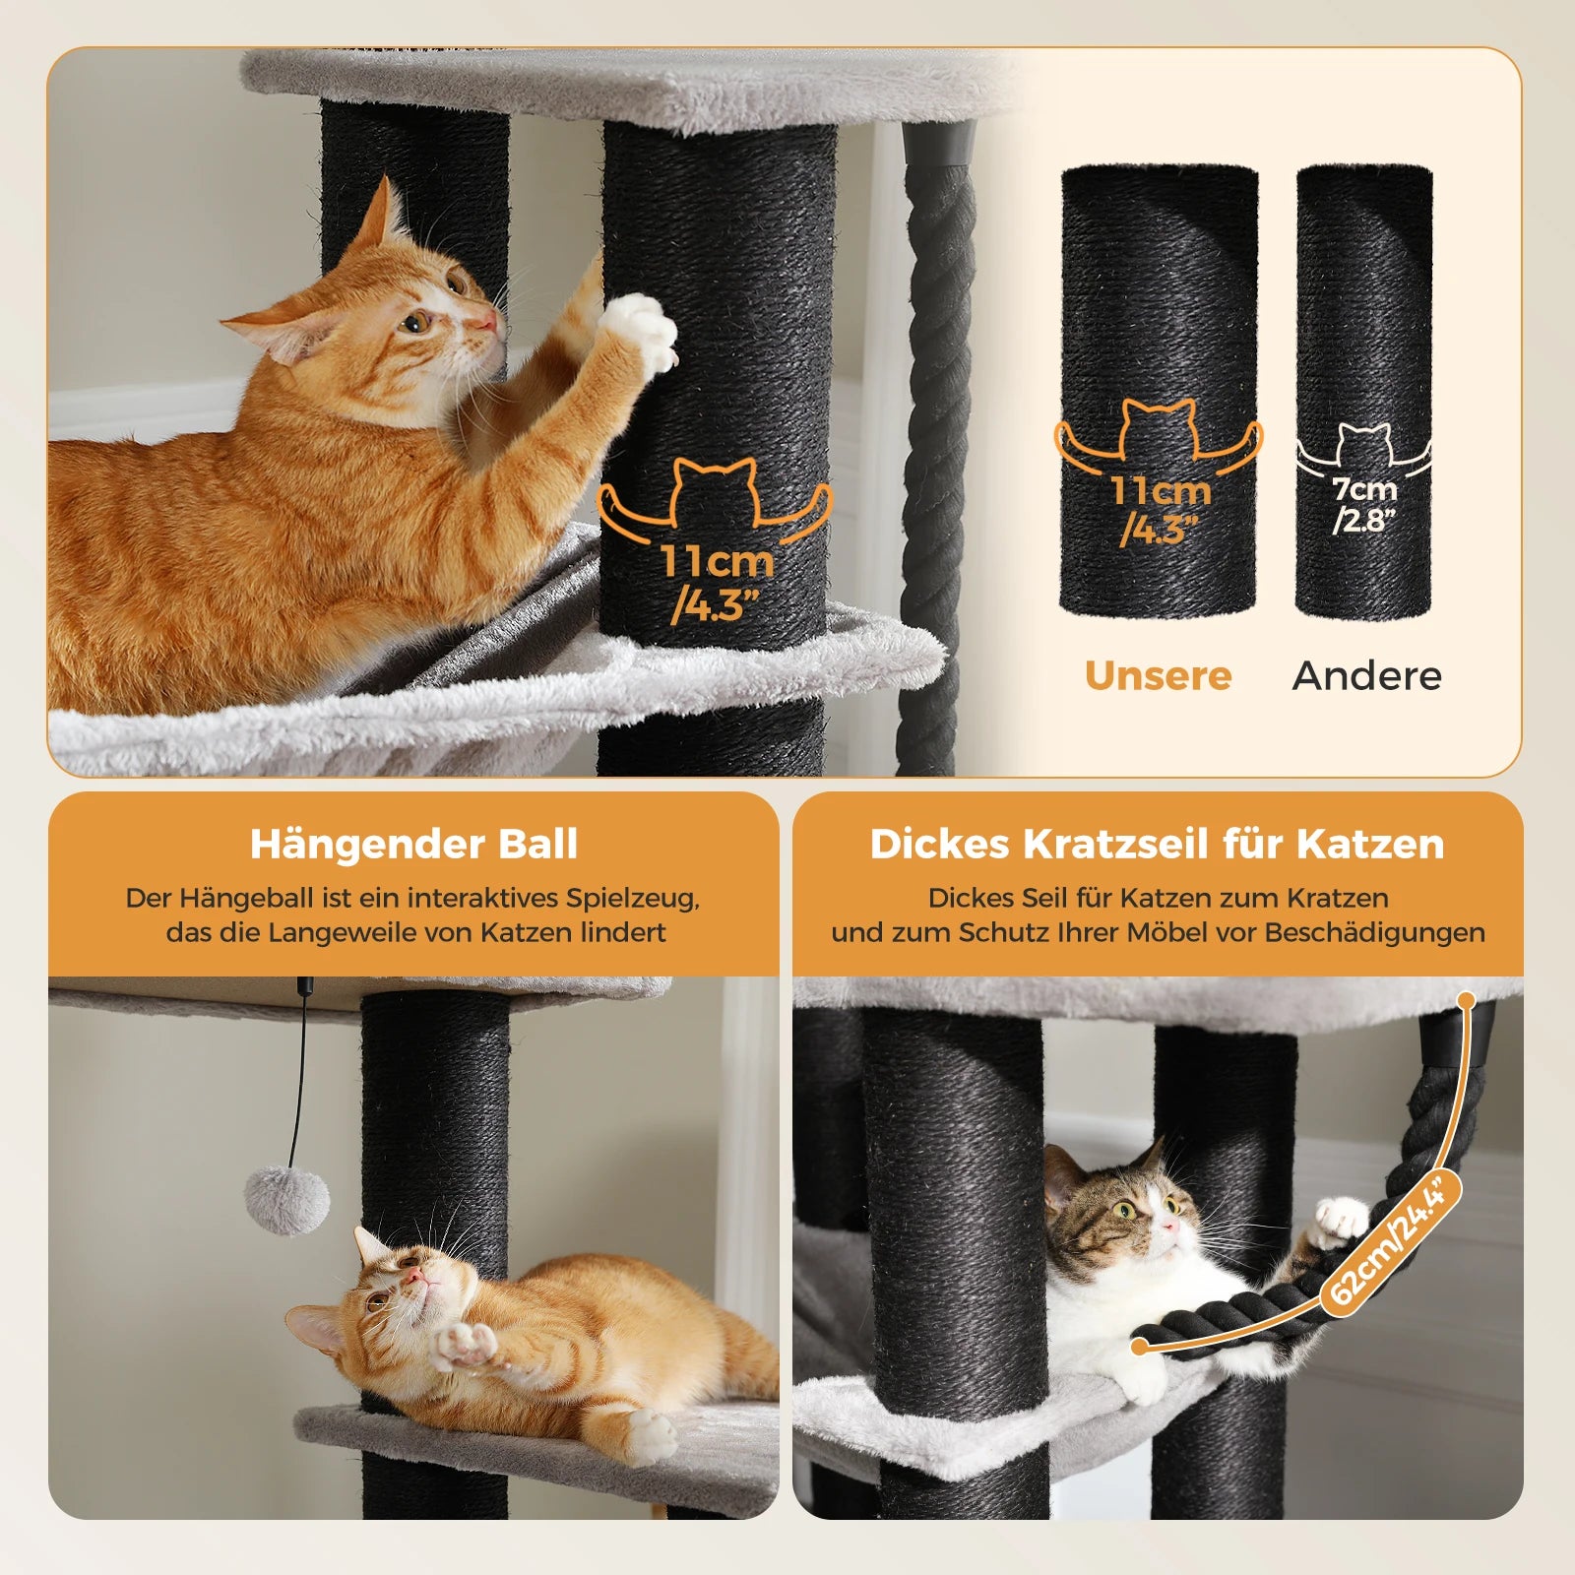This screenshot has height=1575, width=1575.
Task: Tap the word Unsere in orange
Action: tap(1158, 676)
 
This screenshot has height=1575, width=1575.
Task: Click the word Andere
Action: tap(1366, 676)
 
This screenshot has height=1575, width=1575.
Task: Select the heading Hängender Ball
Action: tap(413, 845)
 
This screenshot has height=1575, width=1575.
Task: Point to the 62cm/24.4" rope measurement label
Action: tap(1390, 1242)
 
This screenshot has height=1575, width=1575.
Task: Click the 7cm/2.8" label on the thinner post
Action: tap(1364, 504)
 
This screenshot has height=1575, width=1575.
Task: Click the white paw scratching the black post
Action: tap(641, 333)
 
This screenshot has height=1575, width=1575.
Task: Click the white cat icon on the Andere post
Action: tap(1363, 445)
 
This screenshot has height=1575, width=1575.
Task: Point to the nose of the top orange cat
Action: tap(486, 322)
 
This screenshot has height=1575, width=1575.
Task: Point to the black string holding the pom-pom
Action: tap(299, 1083)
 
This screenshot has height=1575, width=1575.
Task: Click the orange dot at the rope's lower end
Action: tap(1139, 1346)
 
